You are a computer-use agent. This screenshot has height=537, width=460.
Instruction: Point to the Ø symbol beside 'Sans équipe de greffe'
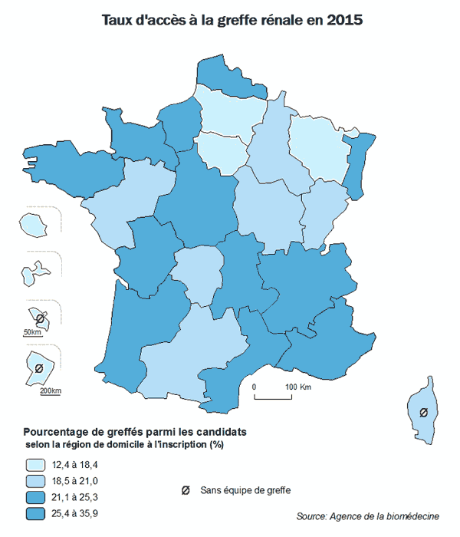[x=185, y=490]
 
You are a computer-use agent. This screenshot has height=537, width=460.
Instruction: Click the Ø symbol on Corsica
[x=422, y=413]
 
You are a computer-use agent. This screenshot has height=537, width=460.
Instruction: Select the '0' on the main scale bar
[x=254, y=386]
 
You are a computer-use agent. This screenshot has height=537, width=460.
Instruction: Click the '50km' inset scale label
[x=31, y=331]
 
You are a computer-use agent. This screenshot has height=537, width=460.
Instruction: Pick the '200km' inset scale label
[x=50, y=391]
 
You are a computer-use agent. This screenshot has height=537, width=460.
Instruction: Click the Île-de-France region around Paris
[x=222, y=150]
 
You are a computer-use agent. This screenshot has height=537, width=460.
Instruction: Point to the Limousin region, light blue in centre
[x=194, y=272]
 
